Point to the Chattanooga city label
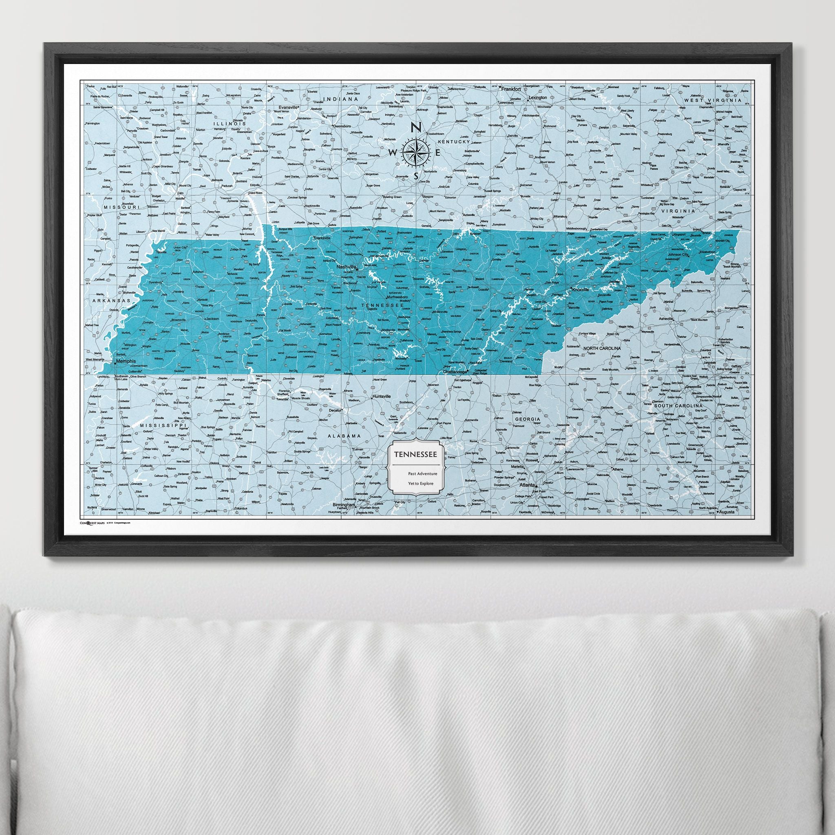click(x=455, y=371)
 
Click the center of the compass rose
click(x=416, y=152)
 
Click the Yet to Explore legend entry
click(x=419, y=484)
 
